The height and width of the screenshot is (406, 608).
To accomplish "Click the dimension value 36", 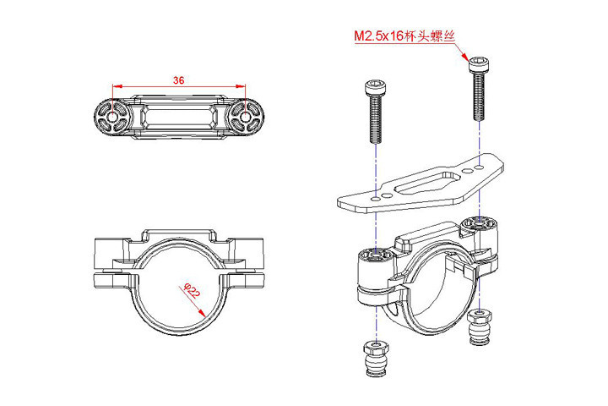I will coord(178,80).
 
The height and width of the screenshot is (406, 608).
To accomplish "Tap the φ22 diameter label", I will coord(191,292).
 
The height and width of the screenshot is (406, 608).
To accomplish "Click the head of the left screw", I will coord(372,88).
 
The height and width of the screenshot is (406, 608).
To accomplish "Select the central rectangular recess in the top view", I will coord(178,117).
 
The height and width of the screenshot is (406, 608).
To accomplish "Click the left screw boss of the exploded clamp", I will coord(372,257).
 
